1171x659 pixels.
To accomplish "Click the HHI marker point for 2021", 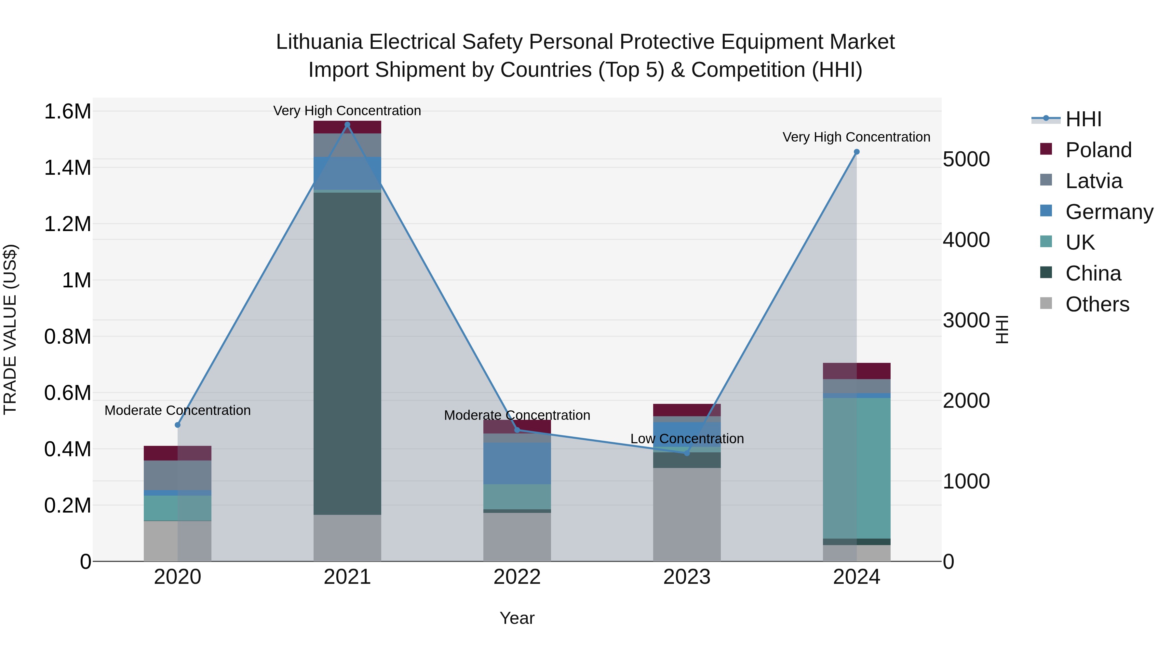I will pyautogui.click(x=347, y=125).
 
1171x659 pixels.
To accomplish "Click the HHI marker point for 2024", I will pyautogui.click(x=856, y=152).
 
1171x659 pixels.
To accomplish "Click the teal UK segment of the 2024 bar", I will pyautogui.click(x=856, y=468).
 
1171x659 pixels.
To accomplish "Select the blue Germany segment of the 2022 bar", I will pyautogui.click(x=517, y=463).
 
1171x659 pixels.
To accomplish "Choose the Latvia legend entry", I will pyautogui.click(x=1093, y=181).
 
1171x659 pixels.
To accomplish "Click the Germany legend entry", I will pyautogui.click(x=1109, y=212).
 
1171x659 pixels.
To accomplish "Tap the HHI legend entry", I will pyautogui.click(x=1083, y=119).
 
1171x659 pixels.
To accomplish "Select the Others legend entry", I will pyautogui.click(x=1097, y=304).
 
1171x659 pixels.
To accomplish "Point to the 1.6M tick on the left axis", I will pyautogui.click(x=67, y=111).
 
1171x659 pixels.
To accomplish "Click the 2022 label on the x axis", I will pyautogui.click(x=517, y=577).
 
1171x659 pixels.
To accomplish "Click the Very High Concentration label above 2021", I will pyautogui.click(x=347, y=111).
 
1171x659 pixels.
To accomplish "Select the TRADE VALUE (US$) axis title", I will pyautogui.click(x=10, y=329).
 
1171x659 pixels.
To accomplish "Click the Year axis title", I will pyautogui.click(x=517, y=618).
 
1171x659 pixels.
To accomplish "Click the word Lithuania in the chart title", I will pyautogui.click(x=319, y=42).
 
